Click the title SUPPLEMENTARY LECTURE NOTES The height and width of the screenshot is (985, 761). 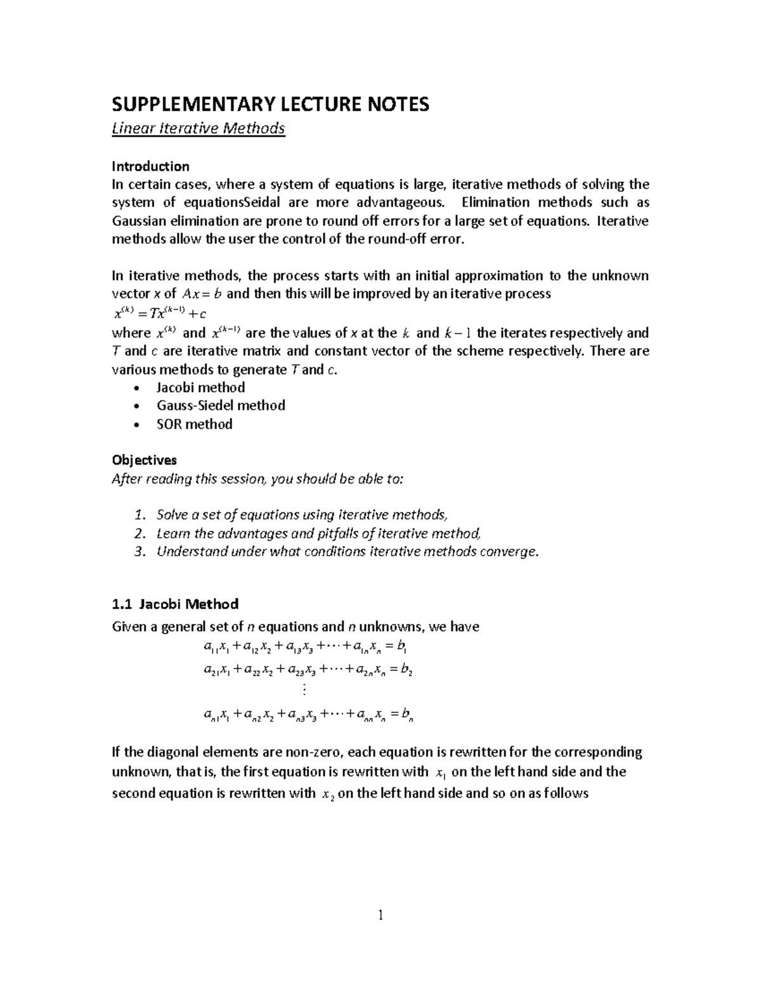coord(270,104)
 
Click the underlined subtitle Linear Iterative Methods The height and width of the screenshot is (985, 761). coord(198,129)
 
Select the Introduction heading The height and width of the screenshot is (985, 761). coord(150,166)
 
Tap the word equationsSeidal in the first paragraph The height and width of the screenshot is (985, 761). coord(232,203)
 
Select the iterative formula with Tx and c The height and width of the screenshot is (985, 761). coord(159,313)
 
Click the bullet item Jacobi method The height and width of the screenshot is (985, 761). coord(200,388)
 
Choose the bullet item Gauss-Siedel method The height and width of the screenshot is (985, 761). coord(220,405)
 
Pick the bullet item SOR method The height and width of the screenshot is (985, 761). coord(194,424)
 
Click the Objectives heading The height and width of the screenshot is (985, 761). coord(144,460)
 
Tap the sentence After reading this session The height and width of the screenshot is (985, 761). coord(257,479)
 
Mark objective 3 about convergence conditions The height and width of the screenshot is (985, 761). coord(348,552)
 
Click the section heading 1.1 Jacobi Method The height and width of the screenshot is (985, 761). coord(175,604)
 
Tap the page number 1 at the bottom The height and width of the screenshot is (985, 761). coord(380,915)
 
